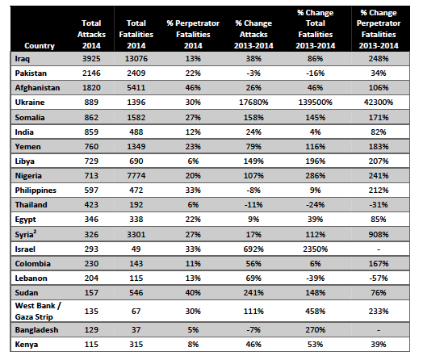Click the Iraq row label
coord(22,59)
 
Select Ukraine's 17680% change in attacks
coord(253,103)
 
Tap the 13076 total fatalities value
coord(136,59)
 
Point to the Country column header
coord(40,46)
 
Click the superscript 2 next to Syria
coord(35,232)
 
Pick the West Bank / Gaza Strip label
coord(38,312)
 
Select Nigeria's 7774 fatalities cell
coord(136,176)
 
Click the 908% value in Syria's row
coord(379,235)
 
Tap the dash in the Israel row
coord(379,249)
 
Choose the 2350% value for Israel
coord(315,249)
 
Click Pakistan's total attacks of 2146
coord(91,73)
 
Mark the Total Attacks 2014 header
coord(91,34)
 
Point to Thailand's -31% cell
coord(379,205)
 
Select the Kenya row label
coord(27,345)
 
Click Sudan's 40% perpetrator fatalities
coord(193,293)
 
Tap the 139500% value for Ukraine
coord(315,103)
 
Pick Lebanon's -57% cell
coord(379,278)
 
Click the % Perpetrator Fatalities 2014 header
coord(193,34)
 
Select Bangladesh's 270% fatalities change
coord(315,330)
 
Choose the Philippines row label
coord(36,190)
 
